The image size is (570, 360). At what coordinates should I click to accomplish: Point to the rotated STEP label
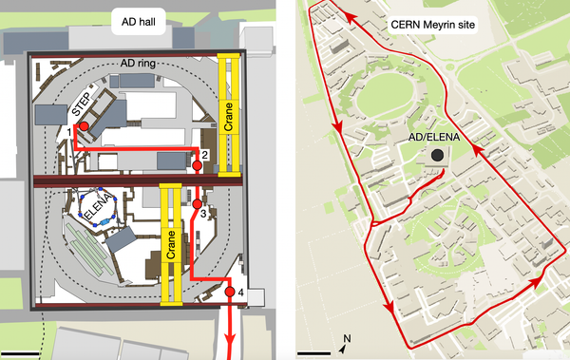85,102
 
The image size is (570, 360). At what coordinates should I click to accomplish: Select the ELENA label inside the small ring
99,206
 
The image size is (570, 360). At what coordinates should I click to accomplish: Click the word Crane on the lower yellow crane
172,244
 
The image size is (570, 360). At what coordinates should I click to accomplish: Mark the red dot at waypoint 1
83,126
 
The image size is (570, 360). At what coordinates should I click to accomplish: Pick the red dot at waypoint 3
198,203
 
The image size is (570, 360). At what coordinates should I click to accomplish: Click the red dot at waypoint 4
229,292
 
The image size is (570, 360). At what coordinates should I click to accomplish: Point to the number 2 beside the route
204,155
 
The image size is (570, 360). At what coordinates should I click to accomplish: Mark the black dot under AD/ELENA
436,155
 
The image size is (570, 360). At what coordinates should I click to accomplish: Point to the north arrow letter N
347,337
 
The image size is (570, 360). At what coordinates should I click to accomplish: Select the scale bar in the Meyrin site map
314,353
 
